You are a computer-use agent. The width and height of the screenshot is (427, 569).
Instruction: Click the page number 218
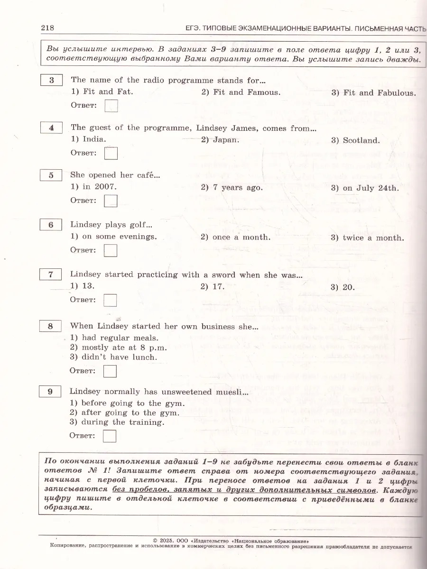click(47, 28)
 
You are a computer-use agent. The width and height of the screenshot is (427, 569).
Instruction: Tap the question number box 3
click(52, 80)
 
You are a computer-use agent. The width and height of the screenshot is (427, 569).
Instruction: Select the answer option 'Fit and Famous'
click(241, 92)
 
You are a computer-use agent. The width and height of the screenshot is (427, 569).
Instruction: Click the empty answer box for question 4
click(111, 153)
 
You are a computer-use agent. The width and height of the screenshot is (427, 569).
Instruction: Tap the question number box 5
click(51, 175)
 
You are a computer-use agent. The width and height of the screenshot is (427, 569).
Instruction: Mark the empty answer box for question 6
click(111, 250)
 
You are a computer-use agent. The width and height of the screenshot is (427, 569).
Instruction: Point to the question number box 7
click(51, 275)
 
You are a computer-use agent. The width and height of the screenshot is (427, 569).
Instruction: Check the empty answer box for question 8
click(110, 371)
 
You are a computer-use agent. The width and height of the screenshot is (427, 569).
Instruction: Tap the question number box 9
click(50, 392)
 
